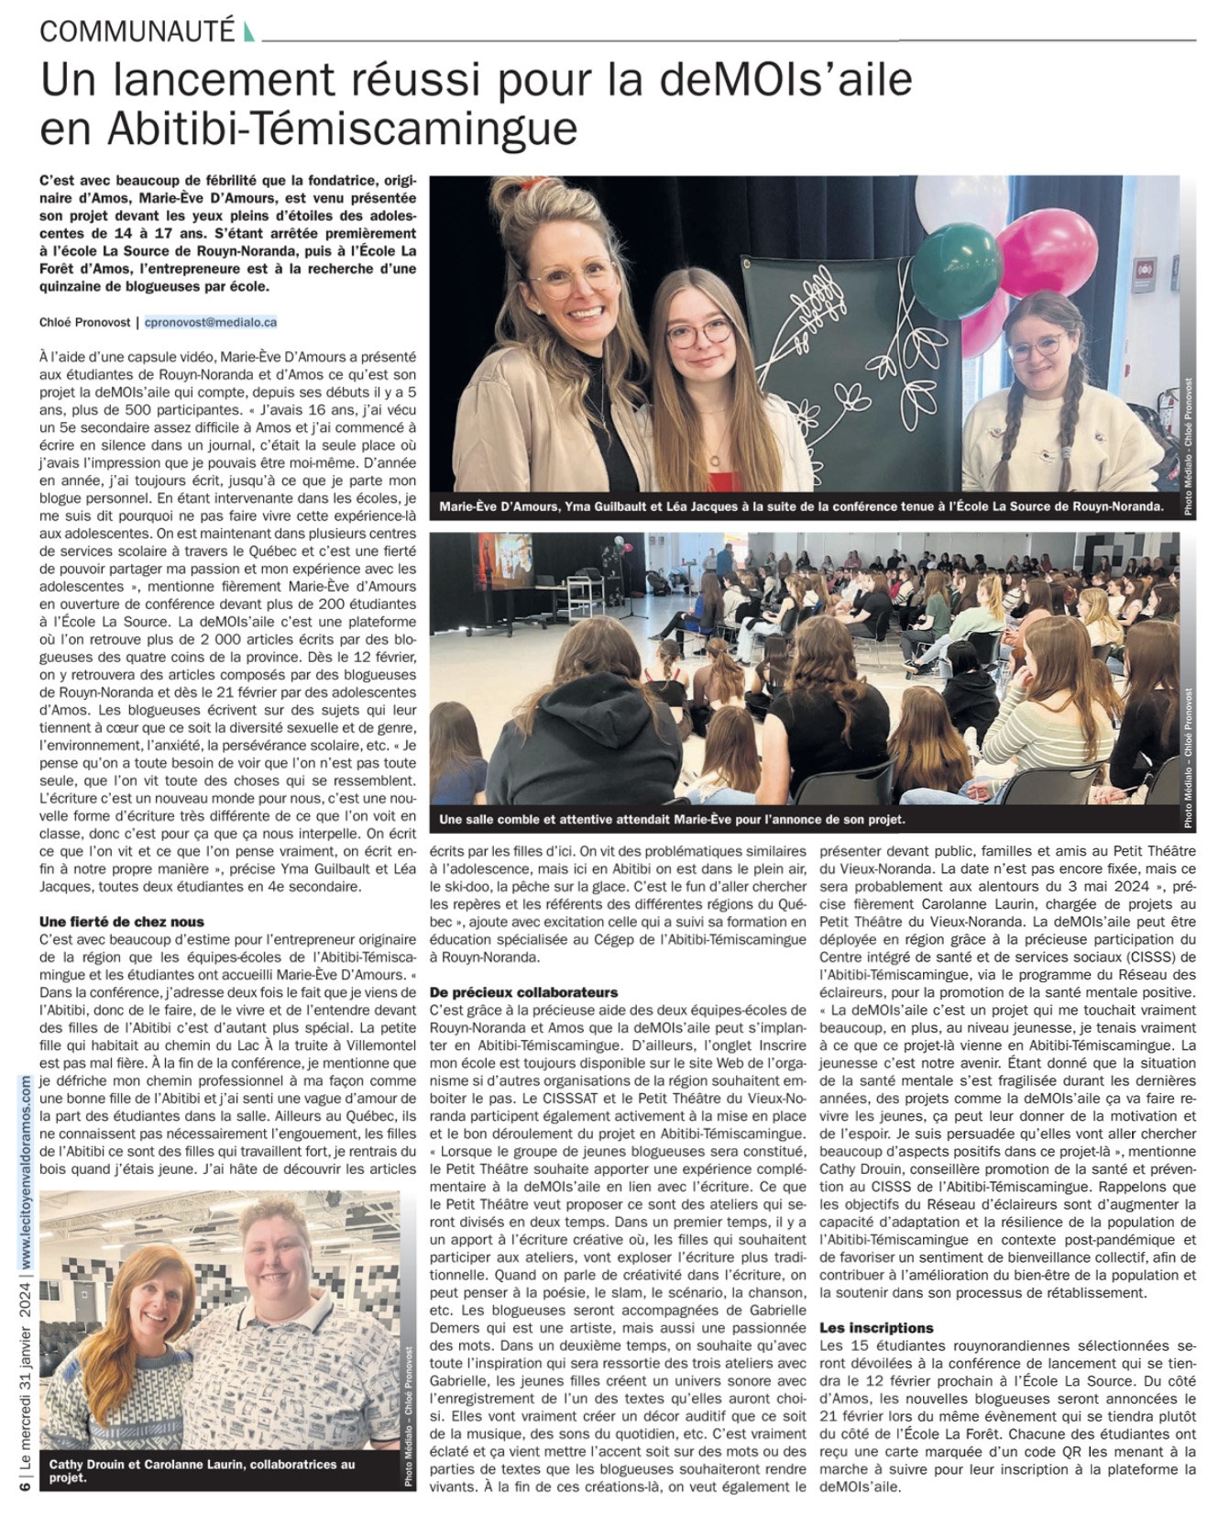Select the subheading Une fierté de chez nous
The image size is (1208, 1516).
[x=122, y=922]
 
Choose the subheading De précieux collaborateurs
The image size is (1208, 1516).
[x=523, y=991]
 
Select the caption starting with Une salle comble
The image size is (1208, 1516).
[x=672, y=819]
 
